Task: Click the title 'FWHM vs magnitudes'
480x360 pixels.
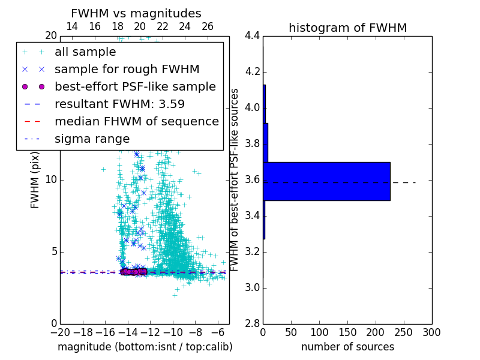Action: click(136, 13)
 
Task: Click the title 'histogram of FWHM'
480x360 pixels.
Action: click(347, 28)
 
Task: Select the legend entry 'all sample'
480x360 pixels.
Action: click(85, 52)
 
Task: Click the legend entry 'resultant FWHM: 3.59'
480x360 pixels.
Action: click(119, 104)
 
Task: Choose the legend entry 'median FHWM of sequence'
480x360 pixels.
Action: click(136, 122)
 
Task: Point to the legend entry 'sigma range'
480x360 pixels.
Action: click(92, 139)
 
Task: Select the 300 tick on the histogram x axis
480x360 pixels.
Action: click(431, 332)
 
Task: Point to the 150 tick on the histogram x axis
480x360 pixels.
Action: click(347, 332)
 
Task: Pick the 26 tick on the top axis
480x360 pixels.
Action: click(208, 26)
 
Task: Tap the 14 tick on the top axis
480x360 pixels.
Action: click(71, 26)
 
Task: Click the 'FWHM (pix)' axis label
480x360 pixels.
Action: click(35, 180)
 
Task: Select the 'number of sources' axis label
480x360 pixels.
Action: click(347, 347)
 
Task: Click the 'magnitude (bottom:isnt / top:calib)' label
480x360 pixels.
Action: click(145, 347)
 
